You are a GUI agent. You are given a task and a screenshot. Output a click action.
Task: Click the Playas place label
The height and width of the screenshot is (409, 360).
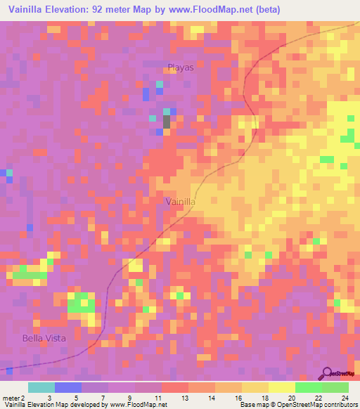pyautogui.click(x=181, y=68)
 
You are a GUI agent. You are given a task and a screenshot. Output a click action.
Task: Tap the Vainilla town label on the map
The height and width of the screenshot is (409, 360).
pyautogui.click(x=180, y=202)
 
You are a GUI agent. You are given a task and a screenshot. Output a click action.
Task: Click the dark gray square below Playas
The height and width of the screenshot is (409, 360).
pyautogui.click(x=167, y=122)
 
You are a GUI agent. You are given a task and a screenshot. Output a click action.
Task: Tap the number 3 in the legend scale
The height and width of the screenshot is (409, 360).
pyautogui.click(x=48, y=397)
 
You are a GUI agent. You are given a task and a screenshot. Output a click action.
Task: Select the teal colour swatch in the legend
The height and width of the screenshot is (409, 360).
pyautogui.click(x=41, y=387)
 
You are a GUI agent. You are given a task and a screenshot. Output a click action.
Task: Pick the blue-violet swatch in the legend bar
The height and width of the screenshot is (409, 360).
pyautogui.click(x=68, y=387)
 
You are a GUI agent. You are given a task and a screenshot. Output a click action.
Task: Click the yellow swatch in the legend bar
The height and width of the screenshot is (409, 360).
pyautogui.click(x=281, y=387)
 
